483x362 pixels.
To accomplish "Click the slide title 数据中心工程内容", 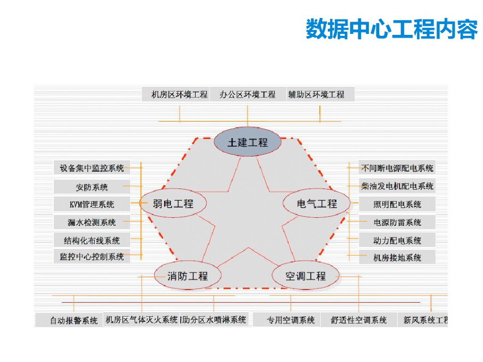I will tap(391, 29).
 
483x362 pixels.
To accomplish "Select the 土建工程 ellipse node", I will tap(248, 142).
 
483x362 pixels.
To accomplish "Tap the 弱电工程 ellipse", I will tap(174, 204).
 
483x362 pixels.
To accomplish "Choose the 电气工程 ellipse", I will tap(317, 204).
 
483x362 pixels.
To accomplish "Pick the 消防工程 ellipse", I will tap(187, 276).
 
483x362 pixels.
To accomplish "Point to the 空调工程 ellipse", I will tap(306, 276).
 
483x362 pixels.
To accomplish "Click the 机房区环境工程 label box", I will tap(179, 94).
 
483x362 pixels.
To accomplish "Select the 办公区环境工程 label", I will tap(248, 94).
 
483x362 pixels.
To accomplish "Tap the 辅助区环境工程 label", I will tap(317, 94).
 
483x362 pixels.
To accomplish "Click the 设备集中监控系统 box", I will tap(92, 168).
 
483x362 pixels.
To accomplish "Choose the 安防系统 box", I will tap(92, 187).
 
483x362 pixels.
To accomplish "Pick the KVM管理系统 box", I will tap(92, 205).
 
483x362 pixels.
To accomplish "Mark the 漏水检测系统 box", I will tap(92, 222).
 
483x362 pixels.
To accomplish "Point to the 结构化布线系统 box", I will tap(92, 240).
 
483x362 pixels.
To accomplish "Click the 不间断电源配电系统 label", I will tap(397, 168).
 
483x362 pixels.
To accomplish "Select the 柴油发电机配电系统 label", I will tap(397, 186).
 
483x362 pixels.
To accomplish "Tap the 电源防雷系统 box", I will tap(397, 222).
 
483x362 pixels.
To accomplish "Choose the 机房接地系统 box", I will tap(397, 257).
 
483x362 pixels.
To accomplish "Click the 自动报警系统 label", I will tap(74, 321).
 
